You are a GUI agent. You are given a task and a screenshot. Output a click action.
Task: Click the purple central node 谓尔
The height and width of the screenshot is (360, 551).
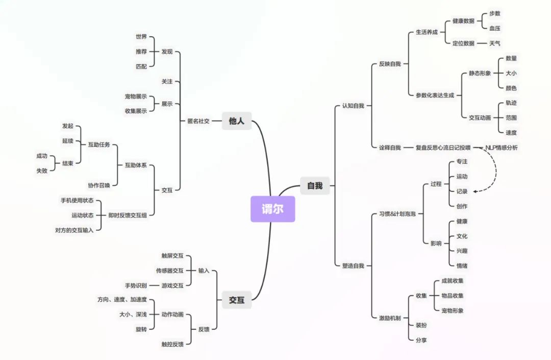[272, 209]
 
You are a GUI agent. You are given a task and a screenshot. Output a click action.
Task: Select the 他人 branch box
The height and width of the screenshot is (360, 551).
[237, 121]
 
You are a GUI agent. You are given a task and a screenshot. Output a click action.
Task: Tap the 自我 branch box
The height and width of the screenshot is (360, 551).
[315, 186]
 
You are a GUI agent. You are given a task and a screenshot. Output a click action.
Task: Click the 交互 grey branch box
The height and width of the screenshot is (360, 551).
[237, 300]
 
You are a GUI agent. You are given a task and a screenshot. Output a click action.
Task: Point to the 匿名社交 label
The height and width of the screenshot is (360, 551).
[198, 121]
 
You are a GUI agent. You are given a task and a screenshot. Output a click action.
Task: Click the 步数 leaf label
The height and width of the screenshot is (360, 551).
[495, 14]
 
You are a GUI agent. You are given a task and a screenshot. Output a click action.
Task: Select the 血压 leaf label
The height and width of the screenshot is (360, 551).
[495, 29]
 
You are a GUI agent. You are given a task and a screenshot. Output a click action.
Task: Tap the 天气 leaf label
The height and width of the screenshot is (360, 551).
[495, 43]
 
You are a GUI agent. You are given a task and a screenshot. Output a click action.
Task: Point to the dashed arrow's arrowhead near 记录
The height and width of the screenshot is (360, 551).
[475, 191]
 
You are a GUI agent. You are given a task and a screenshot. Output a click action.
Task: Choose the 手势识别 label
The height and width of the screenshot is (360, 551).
[136, 285]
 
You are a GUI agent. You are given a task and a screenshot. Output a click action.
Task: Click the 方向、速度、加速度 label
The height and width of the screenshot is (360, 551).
[122, 300]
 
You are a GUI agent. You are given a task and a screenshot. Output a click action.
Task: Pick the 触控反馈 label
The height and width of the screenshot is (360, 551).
[172, 344]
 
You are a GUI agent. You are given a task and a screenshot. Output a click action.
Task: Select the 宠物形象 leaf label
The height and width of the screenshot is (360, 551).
[453, 310]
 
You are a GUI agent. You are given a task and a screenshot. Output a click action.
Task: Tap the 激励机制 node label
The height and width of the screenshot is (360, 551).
[390, 318]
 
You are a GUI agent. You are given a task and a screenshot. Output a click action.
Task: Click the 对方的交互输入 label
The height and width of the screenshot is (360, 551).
[74, 230]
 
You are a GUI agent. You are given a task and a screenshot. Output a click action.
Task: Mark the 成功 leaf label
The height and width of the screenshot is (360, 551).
[42, 156]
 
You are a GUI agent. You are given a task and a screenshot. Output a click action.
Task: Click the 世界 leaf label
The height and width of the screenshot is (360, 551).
[141, 37]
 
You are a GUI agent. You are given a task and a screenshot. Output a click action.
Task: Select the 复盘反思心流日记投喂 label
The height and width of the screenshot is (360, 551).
[443, 148]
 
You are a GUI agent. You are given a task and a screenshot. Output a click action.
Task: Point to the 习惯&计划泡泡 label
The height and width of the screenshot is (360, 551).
[397, 213]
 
